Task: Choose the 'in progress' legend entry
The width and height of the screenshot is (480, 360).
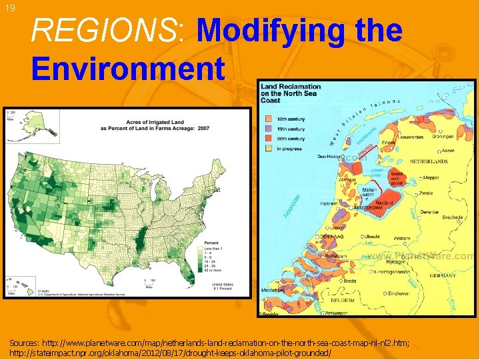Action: coord(287,149)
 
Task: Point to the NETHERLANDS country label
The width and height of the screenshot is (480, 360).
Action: coord(429,162)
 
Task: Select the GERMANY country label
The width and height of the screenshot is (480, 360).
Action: coord(443,275)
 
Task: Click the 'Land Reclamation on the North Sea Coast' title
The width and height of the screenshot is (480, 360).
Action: coord(290,93)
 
